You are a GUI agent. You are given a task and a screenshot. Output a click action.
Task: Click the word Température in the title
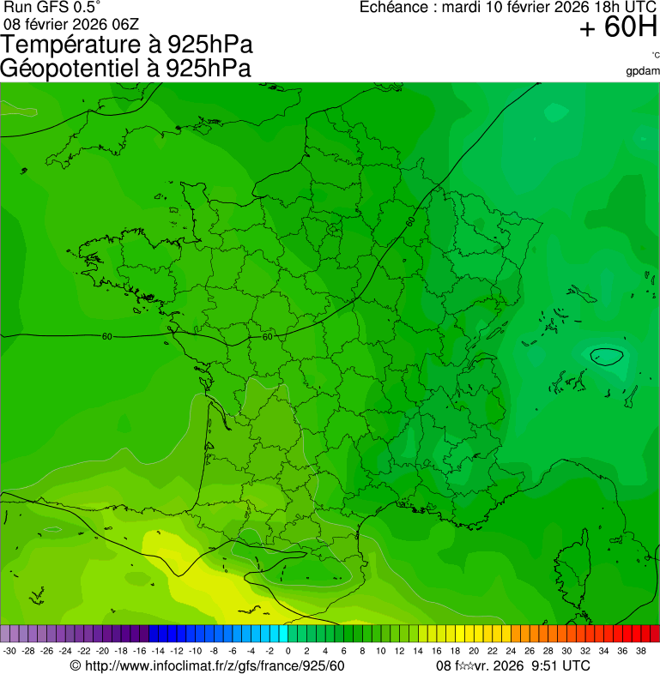(67, 45)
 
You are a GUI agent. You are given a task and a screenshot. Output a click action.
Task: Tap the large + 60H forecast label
(618, 28)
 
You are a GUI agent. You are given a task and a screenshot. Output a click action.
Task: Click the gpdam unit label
(643, 70)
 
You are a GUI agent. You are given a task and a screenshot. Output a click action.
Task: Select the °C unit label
(655, 56)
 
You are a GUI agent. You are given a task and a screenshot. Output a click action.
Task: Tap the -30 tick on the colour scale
(9, 651)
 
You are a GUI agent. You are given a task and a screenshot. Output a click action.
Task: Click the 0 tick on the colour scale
(287, 651)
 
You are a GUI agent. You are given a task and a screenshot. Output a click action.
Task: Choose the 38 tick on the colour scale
(640, 651)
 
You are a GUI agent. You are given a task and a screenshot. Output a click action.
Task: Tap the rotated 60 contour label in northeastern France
(411, 222)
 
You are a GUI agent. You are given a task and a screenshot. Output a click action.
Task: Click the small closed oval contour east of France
(607, 356)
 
